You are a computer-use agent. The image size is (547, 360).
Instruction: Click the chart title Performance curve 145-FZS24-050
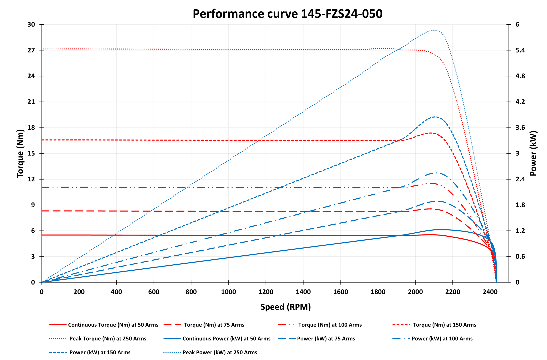[287, 14]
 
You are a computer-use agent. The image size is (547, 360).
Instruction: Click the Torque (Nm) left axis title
[20, 153]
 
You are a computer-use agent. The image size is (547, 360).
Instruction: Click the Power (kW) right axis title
[533, 153]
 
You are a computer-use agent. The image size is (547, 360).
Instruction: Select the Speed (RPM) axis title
[286, 307]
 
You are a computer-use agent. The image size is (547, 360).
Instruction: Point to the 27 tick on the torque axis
[31, 50]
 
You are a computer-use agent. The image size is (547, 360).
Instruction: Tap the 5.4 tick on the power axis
[520, 50]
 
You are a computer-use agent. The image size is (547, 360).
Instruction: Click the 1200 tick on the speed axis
[266, 292]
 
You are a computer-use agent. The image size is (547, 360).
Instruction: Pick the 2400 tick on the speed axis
[490, 292]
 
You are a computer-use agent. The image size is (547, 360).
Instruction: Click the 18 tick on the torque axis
[31, 128]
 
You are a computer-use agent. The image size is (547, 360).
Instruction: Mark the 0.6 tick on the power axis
[520, 257]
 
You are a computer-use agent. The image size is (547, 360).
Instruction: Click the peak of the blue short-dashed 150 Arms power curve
[435, 117]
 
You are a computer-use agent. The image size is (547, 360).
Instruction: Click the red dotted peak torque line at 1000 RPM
[228, 49]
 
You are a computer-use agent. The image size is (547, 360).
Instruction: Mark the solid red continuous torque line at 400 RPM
[116, 235]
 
